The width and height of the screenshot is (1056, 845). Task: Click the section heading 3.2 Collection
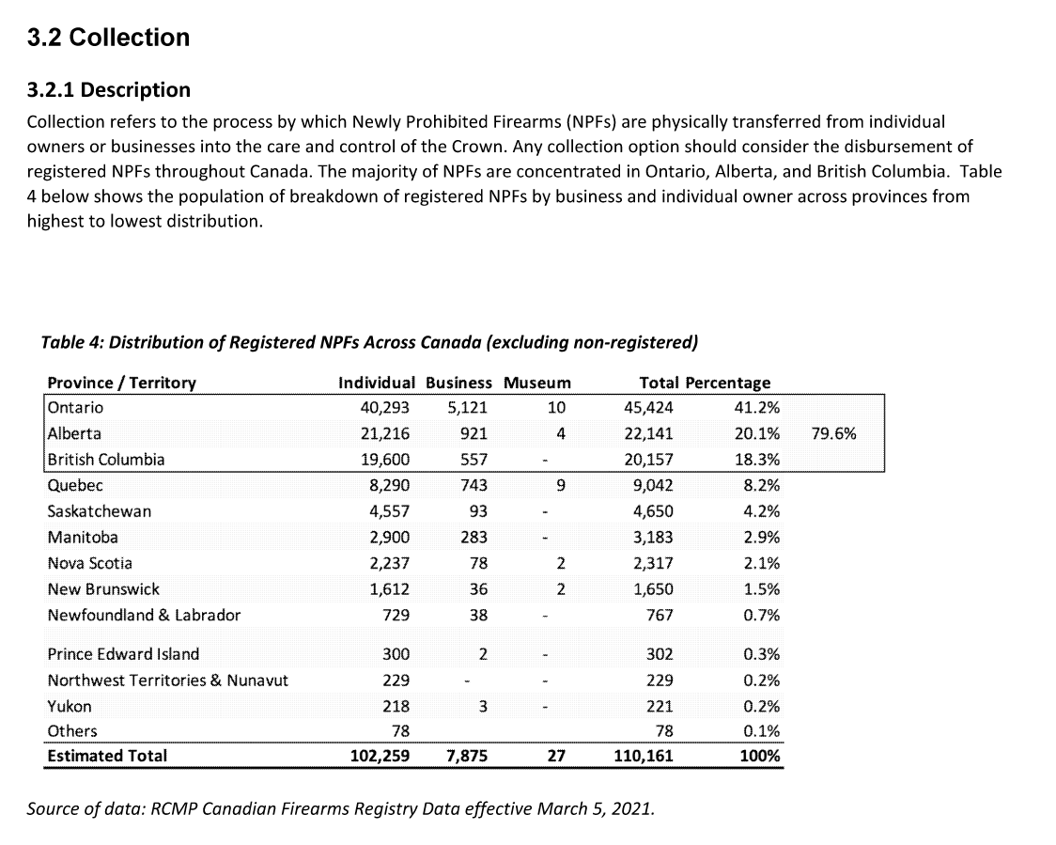pyautogui.click(x=108, y=38)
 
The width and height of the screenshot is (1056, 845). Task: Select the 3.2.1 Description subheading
pyautogui.click(x=108, y=90)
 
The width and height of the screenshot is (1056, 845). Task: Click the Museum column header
pyautogui.click(x=536, y=383)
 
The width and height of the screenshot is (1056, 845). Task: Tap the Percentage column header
pyautogui.click(x=727, y=383)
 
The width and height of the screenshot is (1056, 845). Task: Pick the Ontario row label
pyautogui.click(x=75, y=408)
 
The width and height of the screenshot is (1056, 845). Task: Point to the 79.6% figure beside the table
pyautogui.click(x=832, y=434)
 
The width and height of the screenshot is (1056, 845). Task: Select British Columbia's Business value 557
pyautogui.click(x=472, y=460)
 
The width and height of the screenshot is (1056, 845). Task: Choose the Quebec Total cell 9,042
pyautogui.click(x=648, y=486)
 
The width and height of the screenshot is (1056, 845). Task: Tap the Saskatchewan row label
pyautogui.click(x=99, y=511)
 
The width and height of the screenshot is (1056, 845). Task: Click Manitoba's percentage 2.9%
pyautogui.click(x=761, y=538)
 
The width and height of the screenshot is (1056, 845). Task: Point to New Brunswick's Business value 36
pyautogui.click(x=478, y=589)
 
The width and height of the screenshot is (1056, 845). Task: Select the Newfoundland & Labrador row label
pyautogui.click(x=144, y=615)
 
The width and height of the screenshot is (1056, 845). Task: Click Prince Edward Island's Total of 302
pyautogui.click(x=660, y=654)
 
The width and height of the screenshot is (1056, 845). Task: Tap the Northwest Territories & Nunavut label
pyautogui.click(x=167, y=681)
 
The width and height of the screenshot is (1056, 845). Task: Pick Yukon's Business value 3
pyautogui.click(x=482, y=707)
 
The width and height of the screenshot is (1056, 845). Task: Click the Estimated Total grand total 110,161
pyautogui.click(x=643, y=756)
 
